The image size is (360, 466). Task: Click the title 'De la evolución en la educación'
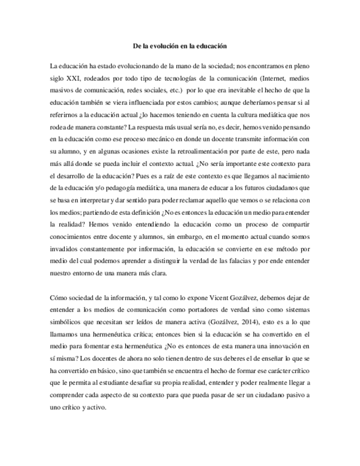point(180,47)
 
